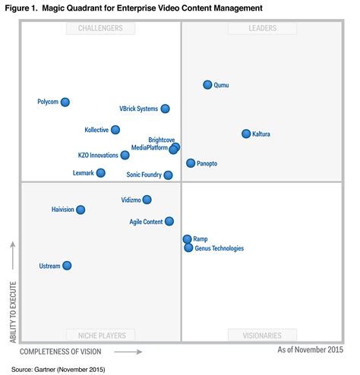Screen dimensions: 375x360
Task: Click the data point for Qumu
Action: coord(207,85)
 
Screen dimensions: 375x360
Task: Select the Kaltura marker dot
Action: coord(246,134)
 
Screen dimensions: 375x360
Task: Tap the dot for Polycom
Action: coord(65,102)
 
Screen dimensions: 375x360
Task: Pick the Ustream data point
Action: coord(67,266)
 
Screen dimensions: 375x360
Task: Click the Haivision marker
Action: coord(81,210)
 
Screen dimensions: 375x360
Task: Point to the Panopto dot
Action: coord(191,163)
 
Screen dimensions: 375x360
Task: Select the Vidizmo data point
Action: coord(147,200)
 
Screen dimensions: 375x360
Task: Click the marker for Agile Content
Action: coord(169,222)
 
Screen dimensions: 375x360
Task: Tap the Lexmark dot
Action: coord(101,173)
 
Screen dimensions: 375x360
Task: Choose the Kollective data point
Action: coord(115,130)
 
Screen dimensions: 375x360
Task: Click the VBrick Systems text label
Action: coord(139,109)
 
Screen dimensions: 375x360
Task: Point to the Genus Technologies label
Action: coord(219,248)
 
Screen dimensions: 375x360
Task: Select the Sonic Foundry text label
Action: coord(144,175)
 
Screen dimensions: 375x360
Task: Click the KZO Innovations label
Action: coord(98,155)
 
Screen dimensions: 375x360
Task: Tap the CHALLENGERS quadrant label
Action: coord(101,29)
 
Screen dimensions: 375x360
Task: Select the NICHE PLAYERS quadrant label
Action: coord(101,335)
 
